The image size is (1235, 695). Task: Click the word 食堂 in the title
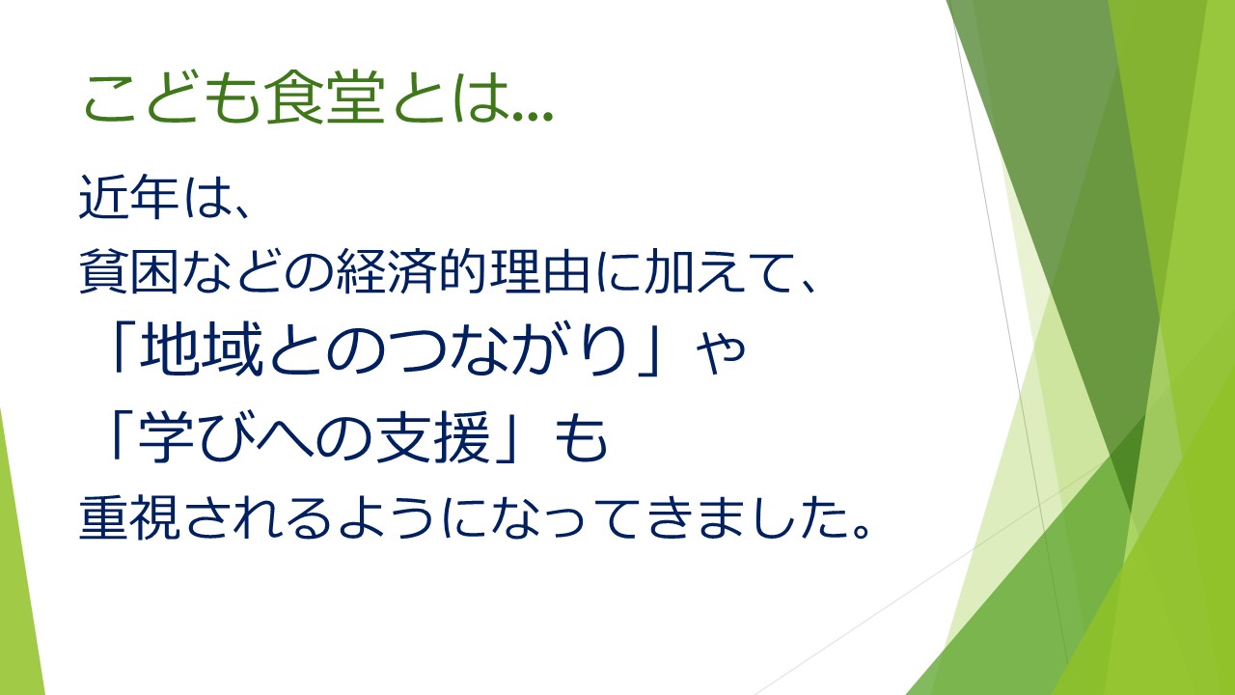point(324,97)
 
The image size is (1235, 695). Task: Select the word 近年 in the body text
point(129,197)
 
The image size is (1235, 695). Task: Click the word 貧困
point(129,271)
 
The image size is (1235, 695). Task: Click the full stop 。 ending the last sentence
point(861,529)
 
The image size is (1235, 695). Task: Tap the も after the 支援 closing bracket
point(581,438)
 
